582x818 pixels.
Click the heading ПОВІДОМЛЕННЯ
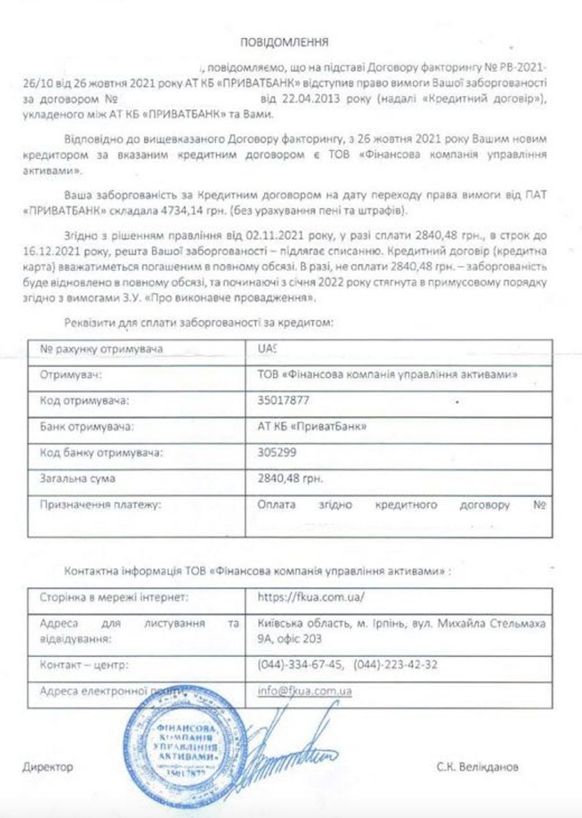coord(284,43)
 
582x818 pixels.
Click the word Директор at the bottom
coord(47,767)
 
